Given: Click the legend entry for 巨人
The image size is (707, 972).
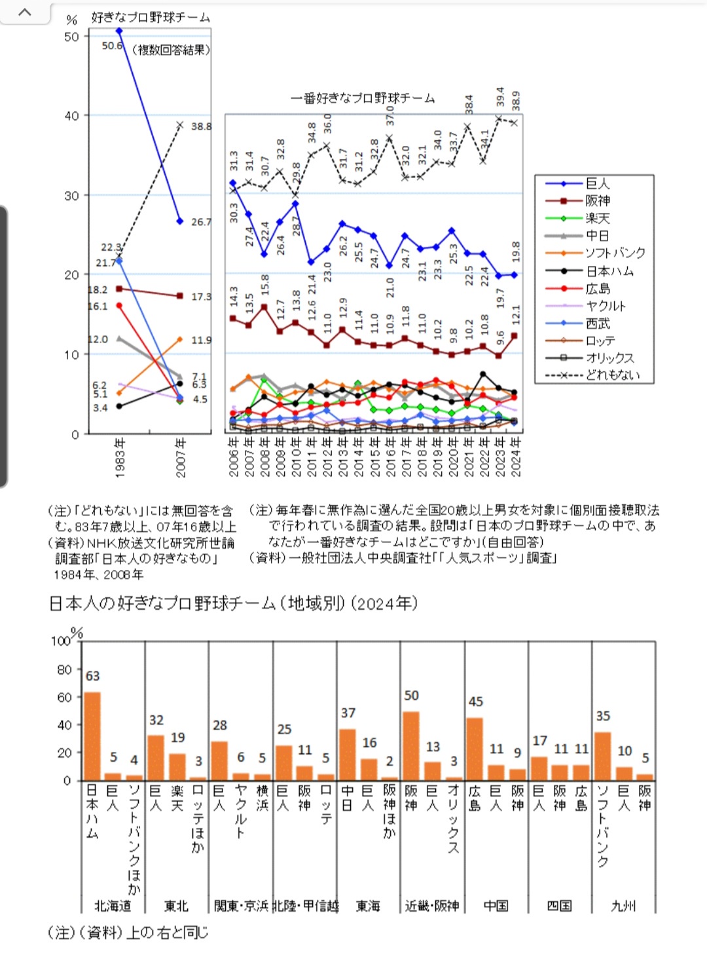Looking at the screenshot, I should point(597,184).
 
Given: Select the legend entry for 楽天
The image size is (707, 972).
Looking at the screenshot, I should point(597,219).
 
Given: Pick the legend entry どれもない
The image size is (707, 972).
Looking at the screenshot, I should point(611,375).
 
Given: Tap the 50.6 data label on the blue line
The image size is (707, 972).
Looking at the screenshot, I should point(112,45).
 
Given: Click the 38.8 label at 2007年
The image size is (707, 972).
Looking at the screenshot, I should point(201,126).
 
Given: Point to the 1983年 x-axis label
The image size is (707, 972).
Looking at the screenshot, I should point(120,458).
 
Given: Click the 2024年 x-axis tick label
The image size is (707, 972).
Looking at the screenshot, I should point(516,458).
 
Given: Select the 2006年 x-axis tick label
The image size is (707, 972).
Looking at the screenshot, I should point(233,458).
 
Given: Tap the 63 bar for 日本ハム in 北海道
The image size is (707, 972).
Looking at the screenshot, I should point(92,736).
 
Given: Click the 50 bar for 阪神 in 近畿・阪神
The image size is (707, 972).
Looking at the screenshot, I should point(411,745).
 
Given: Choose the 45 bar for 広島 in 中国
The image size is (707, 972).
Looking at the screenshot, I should point(475,749).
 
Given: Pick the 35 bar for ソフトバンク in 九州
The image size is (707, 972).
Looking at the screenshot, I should point(602,756).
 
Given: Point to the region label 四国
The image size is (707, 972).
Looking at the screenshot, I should point(560,906).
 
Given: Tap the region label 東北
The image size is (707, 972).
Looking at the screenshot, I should point(176,906).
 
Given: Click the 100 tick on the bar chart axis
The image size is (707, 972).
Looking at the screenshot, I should point(60,641).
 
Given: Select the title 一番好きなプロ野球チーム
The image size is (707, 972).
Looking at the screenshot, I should point(363,98).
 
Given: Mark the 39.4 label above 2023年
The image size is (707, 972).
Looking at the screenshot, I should point(500,97).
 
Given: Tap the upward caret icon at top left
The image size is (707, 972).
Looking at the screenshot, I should point(25,12).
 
